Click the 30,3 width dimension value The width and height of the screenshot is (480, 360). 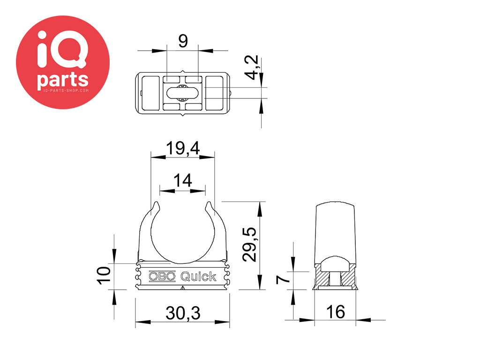(183, 313)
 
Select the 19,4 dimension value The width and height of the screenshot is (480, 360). (183, 148)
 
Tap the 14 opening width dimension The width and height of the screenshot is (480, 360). (183, 180)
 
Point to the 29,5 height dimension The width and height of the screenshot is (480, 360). (249, 244)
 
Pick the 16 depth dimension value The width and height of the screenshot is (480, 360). (336, 312)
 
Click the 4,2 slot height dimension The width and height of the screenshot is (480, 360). (253, 67)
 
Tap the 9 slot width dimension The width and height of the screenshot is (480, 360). (183, 41)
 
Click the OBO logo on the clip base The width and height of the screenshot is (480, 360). (162, 277)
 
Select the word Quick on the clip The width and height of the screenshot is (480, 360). (198, 277)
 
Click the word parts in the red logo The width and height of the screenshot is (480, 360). (63, 80)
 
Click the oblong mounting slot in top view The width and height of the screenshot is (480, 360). (182, 93)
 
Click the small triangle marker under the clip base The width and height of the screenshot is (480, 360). (183, 288)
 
